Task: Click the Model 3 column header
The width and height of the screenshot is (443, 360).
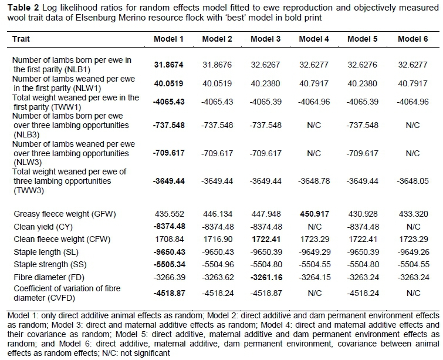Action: [265, 39]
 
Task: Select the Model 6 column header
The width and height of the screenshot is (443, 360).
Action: [412, 39]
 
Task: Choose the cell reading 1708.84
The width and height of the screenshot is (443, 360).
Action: [168, 240]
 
